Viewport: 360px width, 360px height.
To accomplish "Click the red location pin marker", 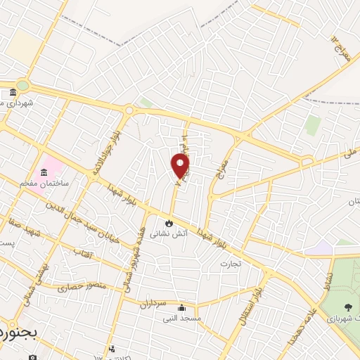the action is pos(181,165).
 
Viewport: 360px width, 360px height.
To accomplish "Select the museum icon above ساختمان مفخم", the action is pos(44,173).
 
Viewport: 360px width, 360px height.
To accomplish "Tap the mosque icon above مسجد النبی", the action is pos(181,307).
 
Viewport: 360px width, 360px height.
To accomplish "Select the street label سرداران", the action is pos(150,304).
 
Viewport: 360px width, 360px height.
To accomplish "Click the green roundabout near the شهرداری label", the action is pos(22,86).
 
